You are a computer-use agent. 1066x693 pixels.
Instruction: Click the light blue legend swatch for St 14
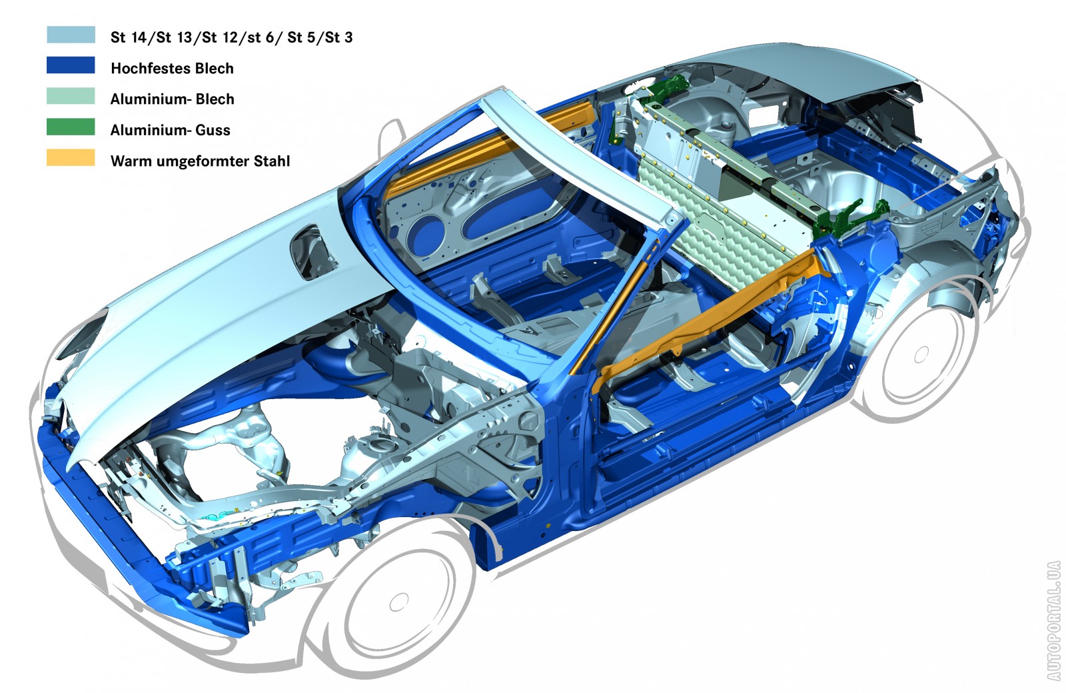71,35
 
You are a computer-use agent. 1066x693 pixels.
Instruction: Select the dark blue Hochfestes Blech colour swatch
71,65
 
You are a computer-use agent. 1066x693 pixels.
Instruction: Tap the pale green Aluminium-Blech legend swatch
71,96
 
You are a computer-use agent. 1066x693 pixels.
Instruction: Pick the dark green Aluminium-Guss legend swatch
71,127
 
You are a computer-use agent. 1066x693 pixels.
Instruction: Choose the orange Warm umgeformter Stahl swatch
71,157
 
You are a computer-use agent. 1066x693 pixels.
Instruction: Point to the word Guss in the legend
213,130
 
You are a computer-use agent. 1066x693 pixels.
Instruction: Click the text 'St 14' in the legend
128,37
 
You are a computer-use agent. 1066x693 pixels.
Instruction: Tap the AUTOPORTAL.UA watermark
1053,620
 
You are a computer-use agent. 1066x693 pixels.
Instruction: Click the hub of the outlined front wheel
399,603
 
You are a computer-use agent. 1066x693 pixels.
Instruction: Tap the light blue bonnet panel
229,305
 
